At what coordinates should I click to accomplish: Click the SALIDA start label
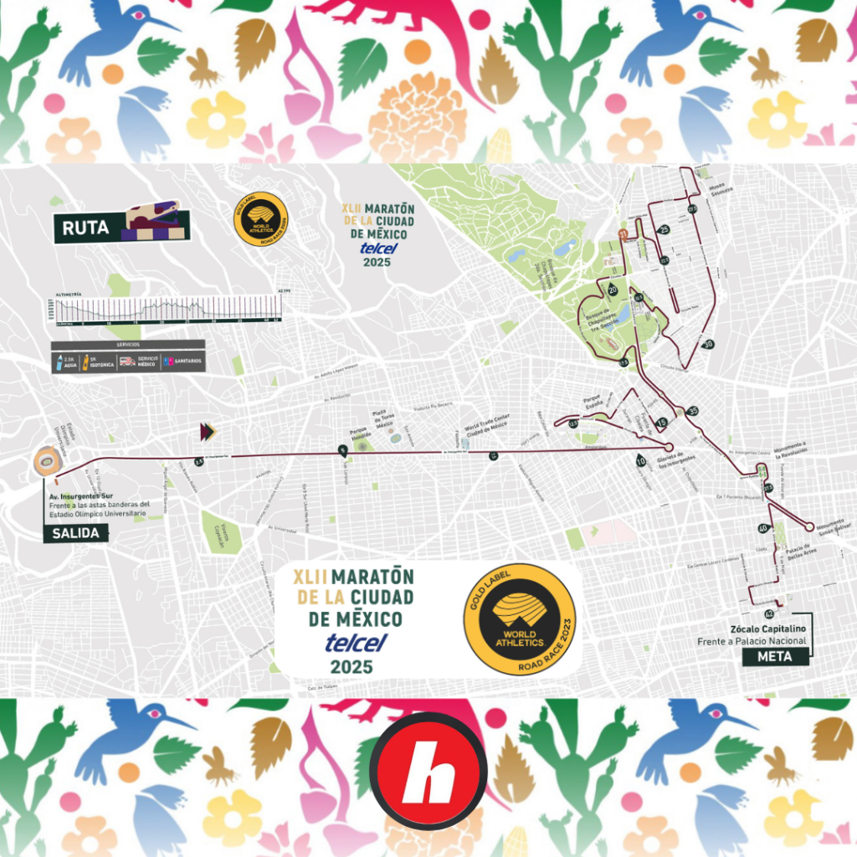(76, 533)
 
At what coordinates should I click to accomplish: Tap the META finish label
(776, 657)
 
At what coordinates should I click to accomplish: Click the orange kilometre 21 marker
(622, 233)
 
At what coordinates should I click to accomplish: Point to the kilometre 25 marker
(665, 229)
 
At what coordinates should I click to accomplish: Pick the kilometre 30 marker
(708, 344)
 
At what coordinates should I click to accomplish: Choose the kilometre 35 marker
(692, 411)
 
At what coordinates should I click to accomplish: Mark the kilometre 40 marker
(762, 529)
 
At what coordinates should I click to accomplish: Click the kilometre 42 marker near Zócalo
(769, 615)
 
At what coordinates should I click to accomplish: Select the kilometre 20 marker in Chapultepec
(613, 290)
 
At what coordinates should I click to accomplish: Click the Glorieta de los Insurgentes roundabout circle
(668, 448)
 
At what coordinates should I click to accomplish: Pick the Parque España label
(593, 400)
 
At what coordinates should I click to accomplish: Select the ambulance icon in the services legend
(127, 362)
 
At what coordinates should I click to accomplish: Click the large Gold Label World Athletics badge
(519, 619)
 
